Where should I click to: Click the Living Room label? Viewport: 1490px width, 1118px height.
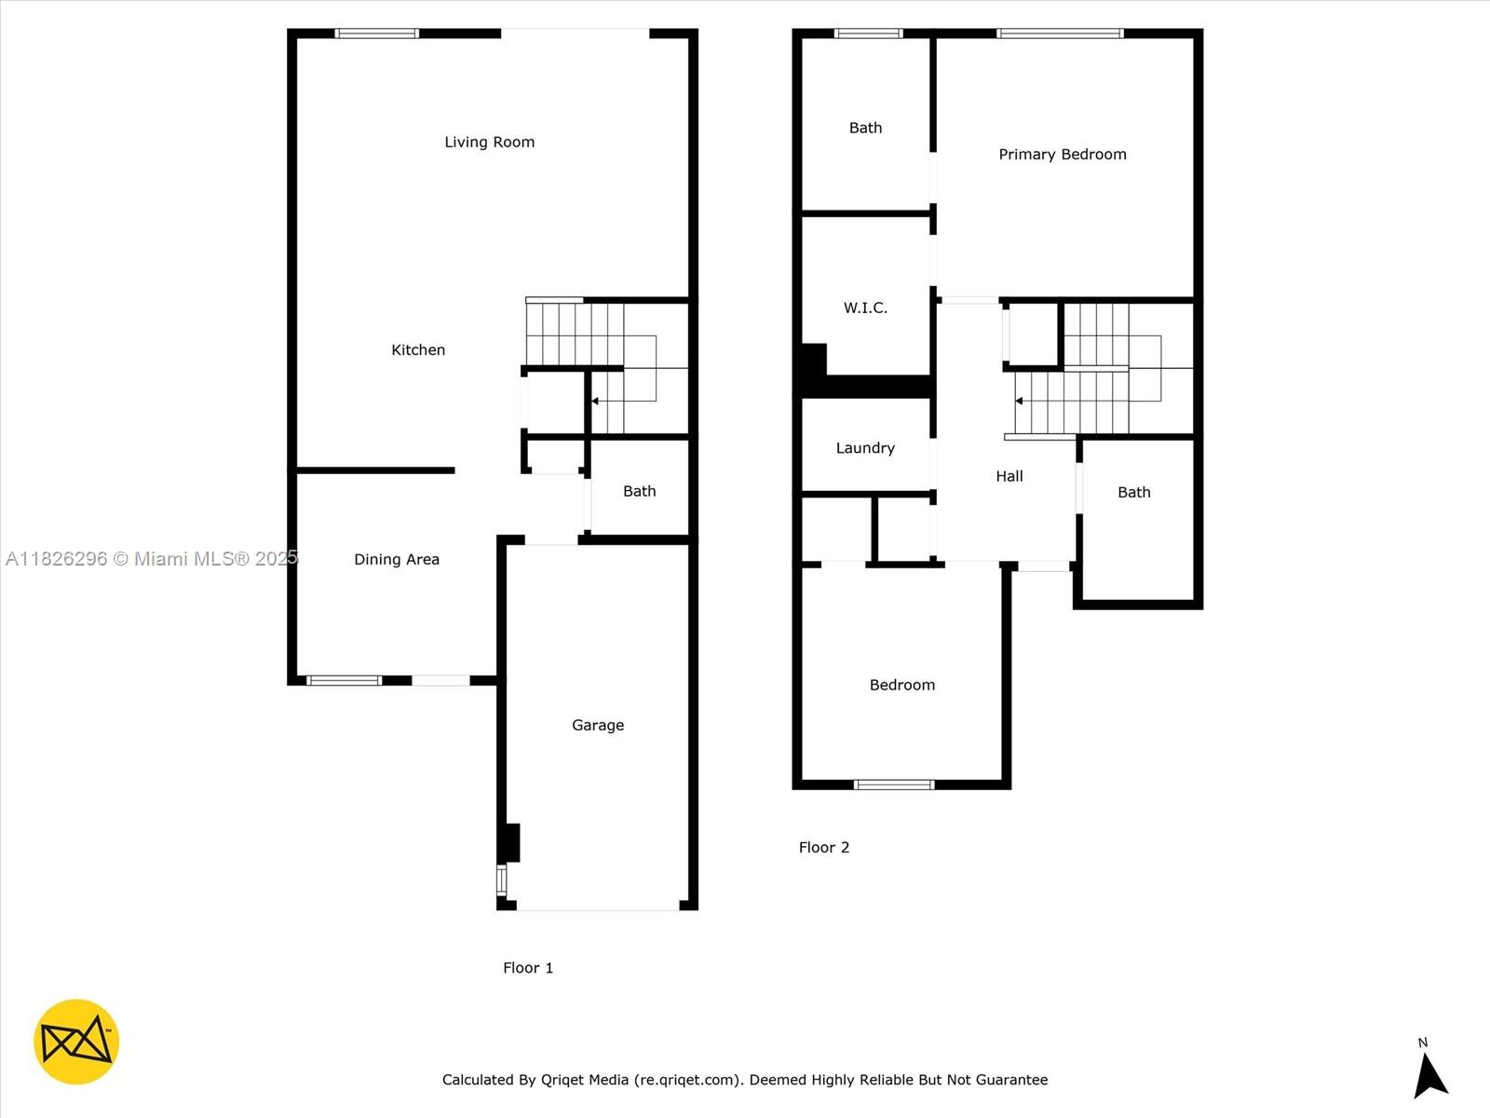[x=490, y=142]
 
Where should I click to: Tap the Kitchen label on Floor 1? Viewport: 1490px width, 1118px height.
[x=418, y=349]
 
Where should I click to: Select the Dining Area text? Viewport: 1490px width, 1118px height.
[x=397, y=559]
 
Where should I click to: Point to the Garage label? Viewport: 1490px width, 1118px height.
[x=597, y=725]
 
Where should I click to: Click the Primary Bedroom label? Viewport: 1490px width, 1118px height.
[x=1063, y=154]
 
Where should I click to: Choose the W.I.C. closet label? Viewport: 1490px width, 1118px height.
[x=865, y=307]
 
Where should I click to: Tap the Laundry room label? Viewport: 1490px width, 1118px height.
[x=865, y=448]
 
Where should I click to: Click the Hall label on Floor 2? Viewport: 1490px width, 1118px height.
[x=1009, y=476]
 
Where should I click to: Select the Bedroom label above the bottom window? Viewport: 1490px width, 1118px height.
[x=902, y=685]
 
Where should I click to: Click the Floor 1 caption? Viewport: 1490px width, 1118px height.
[x=528, y=968]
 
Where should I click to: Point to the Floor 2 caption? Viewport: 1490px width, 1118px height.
[x=824, y=847]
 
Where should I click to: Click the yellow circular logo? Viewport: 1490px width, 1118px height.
[x=76, y=1042]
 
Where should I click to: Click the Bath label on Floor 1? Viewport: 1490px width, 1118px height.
[x=640, y=491]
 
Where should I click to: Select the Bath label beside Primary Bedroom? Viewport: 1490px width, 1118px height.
[x=865, y=128]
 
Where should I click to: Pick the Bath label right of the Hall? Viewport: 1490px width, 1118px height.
[x=1134, y=492]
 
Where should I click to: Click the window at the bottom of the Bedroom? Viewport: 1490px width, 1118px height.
[x=894, y=784]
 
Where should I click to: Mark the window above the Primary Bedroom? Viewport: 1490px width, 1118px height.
[x=1061, y=34]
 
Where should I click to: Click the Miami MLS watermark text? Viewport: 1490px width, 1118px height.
[x=152, y=559]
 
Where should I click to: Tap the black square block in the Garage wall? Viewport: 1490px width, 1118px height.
[x=509, y=843]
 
